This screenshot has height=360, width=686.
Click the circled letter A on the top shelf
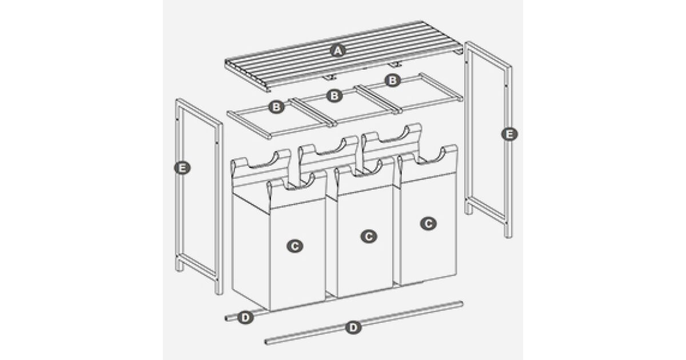pyautogui.click(x=337, y=51)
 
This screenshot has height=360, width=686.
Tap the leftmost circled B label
pyautogui.click(x=277, y=107)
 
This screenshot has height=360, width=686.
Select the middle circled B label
pyautogui.click(x=334, y=96)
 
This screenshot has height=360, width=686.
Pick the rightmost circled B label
pyautogui.click(x=393, y=81)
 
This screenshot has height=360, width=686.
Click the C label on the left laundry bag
pyautogui.click(x=295, y=246)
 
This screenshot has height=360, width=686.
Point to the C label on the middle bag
pyautogui.click(x=369, y=236)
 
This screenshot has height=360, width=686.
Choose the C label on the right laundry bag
pyautogui.click(x=428, y=223)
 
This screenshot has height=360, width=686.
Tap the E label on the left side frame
pyautogui.click(x=182, y=168)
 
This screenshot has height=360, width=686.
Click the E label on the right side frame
pyautogui.click(x=509, y=134)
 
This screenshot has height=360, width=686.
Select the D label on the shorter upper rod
pyautogui.click(x=245, y=318)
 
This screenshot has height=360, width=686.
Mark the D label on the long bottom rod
pyautogui.click(x=353, y=327)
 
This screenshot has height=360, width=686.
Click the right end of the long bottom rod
pyautogui.click(x=462, y=303)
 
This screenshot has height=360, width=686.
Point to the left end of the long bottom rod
pyautogui.click(x=266, y=342)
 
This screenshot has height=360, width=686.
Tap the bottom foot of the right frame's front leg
pyautogui.click(x=508, y=235)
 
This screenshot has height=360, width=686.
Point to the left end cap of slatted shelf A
pyautogui.click(x=248, y=75)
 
